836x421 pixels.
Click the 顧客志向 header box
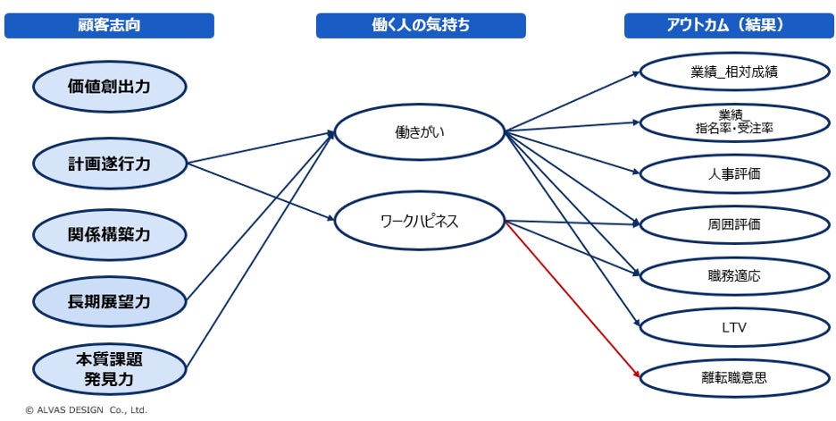[x=109, y=26]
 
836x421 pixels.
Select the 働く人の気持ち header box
[x=421, y=26]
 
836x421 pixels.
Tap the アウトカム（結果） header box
[x=727, y=26]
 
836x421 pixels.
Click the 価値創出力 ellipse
[x=109, y=87]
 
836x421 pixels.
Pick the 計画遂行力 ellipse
[x=109, y=164]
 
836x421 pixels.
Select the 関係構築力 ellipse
[x=109, y=235]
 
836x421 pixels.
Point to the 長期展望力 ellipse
[x=109, y=302]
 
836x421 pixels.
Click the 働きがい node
[x=420, y=131]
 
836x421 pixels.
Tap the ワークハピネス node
[x=420, y=221]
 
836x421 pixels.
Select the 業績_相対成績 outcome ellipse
[x=735, y=72]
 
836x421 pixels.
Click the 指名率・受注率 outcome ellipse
[x=735, y=122]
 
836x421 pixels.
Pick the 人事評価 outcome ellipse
[x=735, y=173]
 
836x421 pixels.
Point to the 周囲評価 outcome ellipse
[x=735, y=224]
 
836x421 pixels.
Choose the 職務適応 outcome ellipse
[x=735, y=276]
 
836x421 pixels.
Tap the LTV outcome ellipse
[x=735, y=327]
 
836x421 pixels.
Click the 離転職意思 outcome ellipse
[x=735, y=378]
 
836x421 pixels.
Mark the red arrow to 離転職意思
[x=573, y=300]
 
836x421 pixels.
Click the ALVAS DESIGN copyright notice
[x=86, y=410]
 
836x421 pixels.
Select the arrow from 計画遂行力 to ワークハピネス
[x=261, y=192]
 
